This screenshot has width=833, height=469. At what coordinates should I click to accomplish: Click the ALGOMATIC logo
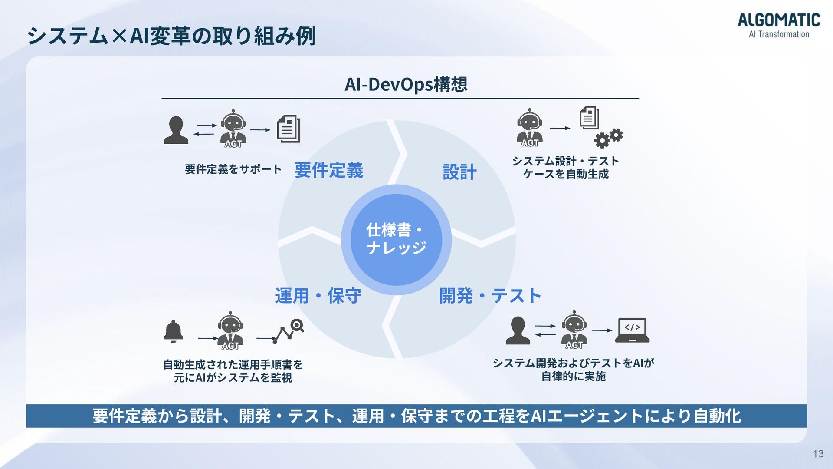point(779,25)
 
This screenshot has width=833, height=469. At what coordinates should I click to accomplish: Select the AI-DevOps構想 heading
point(406,84)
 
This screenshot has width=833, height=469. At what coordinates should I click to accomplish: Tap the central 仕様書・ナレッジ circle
point(396,239)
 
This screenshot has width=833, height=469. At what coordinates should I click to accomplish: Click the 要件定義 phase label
point(329,170)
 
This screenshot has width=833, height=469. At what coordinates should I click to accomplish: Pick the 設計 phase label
point(459,172)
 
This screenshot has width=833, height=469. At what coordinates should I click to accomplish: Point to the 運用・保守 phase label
point(318,296)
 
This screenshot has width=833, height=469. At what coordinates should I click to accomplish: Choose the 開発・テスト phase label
point(490,296)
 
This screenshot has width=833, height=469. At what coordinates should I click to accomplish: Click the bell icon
point(173,332)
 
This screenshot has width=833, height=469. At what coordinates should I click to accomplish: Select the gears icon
point(608,138)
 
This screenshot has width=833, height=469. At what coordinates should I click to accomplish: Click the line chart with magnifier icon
point(288,332)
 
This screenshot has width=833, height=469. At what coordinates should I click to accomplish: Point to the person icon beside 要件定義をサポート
point(176,130)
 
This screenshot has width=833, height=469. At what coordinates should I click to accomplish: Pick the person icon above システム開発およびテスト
point(518,330)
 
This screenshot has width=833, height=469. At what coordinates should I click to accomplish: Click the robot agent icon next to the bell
point(230,330)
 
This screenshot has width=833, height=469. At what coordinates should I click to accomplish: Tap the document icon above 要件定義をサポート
point(289,129)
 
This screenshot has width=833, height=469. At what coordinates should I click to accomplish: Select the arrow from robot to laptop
point(602,330)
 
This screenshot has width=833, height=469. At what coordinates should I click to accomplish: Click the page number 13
point(818,454)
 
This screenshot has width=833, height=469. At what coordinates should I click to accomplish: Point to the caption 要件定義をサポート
point(233,169)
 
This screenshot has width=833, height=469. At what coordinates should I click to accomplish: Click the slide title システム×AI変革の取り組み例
point(171,36)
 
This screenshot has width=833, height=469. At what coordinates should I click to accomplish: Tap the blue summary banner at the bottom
point(416,416)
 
